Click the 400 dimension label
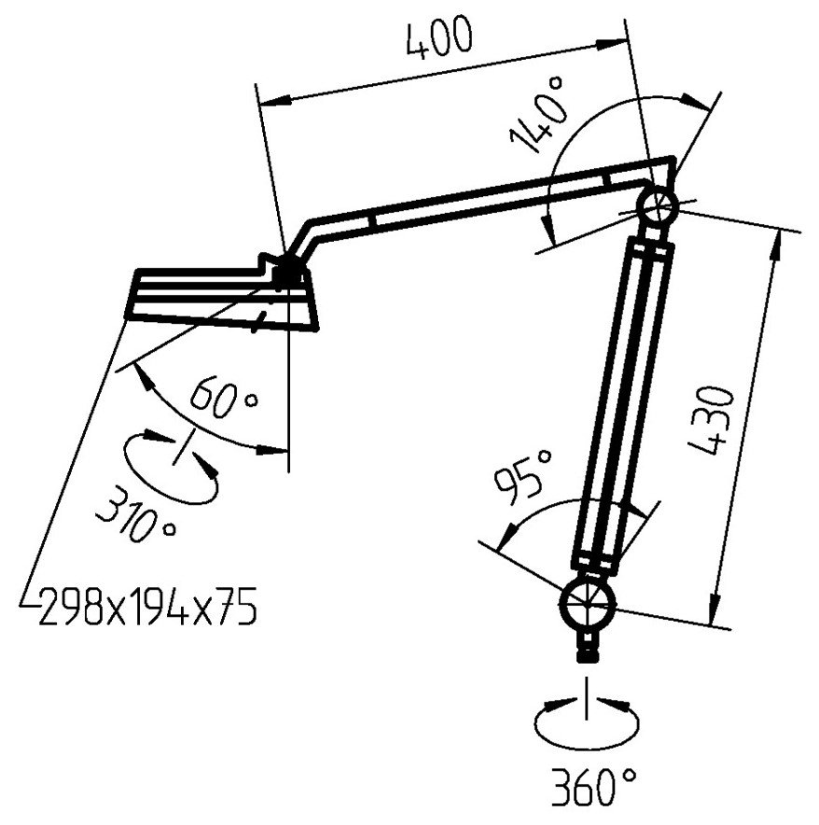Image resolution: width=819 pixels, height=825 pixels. tap(439, 39)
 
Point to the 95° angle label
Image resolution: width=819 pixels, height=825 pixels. tap(519, 475)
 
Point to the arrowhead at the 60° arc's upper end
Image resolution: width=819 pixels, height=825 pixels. tap(142, 372)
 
